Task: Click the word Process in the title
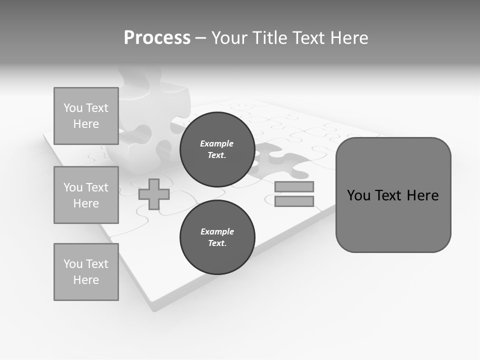click(x=157, y=37)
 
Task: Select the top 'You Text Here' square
click(x=86, y=116)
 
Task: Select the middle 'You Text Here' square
click(x=86, y=195)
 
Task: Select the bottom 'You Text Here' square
click(x=86, y=272)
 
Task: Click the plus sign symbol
click(x=154, y=194)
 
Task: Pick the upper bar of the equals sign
click(x=294, y=186)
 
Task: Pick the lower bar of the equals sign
click(x=294, y=201)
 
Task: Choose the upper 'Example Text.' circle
click(x=217, y=149)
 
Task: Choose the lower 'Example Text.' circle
click(x=217, y=237)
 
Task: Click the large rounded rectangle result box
click(x=393, y=220)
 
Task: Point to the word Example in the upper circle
click(x=217, y=143)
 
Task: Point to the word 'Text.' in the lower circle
click(x=217, y=243)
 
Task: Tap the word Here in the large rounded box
click(x=422, y=195)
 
